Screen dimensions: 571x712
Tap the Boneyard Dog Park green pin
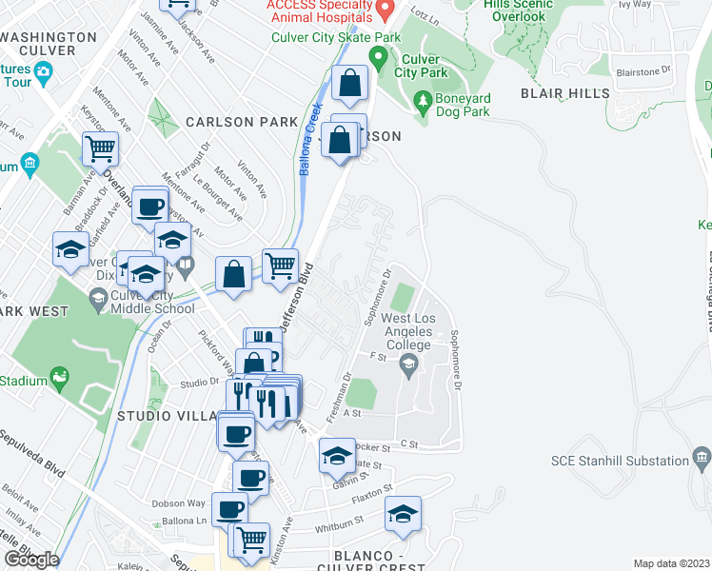pos(423,99)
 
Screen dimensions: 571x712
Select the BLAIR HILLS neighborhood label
pos(564,93)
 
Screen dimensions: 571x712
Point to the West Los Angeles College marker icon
pos(408,364)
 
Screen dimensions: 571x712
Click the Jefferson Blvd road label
pos(298,296)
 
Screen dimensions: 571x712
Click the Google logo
pos(31,560)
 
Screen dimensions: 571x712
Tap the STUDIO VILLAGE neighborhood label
pos(167,416)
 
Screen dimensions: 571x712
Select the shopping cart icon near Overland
pos(100,148)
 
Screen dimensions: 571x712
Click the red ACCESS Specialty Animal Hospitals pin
pos(385,11)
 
